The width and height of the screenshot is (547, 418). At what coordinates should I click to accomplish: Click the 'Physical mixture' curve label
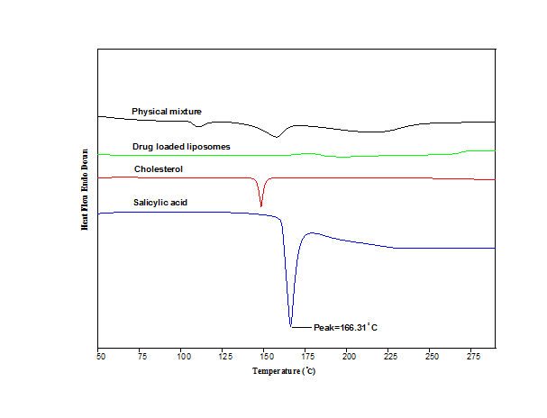coord(167,112)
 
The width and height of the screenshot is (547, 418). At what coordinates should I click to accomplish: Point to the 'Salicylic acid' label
coord(160,202)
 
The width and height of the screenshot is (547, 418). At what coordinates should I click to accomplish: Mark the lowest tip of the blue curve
coord(291,326)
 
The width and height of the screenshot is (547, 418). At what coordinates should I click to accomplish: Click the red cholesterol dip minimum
coord(261,206)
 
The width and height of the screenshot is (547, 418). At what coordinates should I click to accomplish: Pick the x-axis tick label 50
coord(99,356)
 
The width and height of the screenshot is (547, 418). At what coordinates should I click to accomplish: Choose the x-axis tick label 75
coord(141,356)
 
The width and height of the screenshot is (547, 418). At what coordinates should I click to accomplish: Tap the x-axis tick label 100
coord(182,356)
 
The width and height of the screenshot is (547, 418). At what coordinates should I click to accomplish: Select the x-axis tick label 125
coord(223,356)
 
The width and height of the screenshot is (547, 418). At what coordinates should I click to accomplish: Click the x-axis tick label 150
coord(265,356)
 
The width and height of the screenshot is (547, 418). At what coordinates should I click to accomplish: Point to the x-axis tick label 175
coord(306,356)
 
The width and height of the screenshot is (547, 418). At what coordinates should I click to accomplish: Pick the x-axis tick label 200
coord(348,356)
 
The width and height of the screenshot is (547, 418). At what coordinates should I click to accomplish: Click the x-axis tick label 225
coord(389,356)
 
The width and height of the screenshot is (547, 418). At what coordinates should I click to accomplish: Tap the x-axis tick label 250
coord(431,356)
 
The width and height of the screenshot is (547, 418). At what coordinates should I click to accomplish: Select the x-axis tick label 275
coord(472,356)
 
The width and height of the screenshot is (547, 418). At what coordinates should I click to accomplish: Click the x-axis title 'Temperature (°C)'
coord(284,370)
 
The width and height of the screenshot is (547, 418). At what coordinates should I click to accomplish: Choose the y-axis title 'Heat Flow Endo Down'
coord(85,189)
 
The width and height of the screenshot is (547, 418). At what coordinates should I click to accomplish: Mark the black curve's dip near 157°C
coord(277,137)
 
